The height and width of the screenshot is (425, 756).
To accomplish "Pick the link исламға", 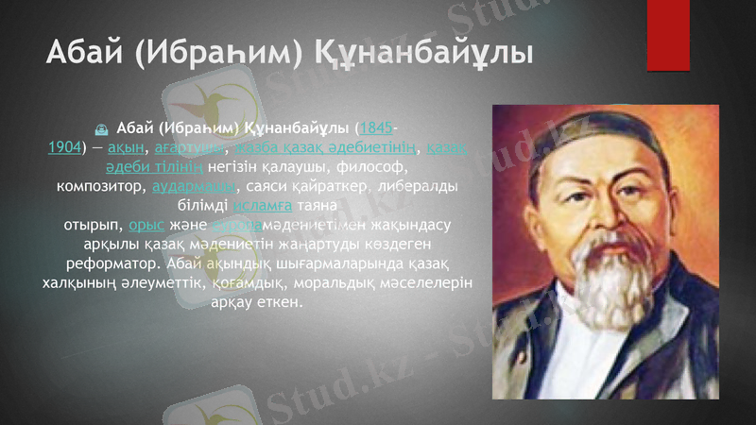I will (264, 205).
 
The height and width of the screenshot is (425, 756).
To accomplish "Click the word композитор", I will (101, 185).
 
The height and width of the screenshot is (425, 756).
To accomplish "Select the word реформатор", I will (106, 263).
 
